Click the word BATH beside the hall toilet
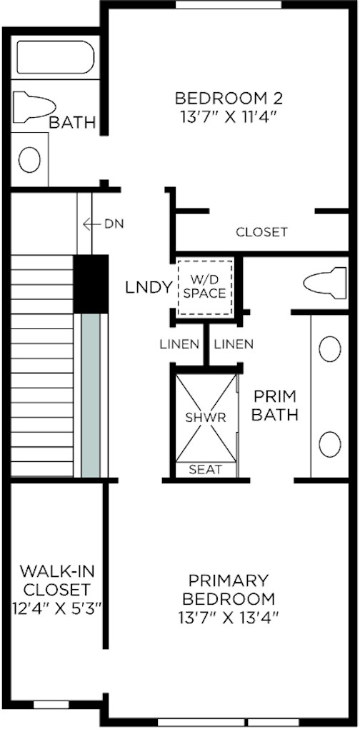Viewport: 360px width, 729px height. pyautogui.click(x=72, y=123)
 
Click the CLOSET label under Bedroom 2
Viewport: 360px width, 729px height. pyautogui.click(x=261, y=232)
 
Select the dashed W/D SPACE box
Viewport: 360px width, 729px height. pyautogui.click(x=205, y=286)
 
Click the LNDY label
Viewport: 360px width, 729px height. pyautogui.click(x=149, y=288)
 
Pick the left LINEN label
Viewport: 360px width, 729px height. pyautogui.click(x=179, y=344)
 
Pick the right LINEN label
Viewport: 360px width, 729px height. pyautogui.click(x=234, y=344)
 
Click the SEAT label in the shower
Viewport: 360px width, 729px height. pyautogui.click(x=205, y=470)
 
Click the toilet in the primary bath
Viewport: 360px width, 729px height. pyautogui.click(x=324, y=283)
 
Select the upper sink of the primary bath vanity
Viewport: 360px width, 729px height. pyautogui.click(x=329, y=349)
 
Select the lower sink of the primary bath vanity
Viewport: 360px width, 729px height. pyautogui.click(x=329, y=444)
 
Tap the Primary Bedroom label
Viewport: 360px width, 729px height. pyautogui.click(x=229, y=589)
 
